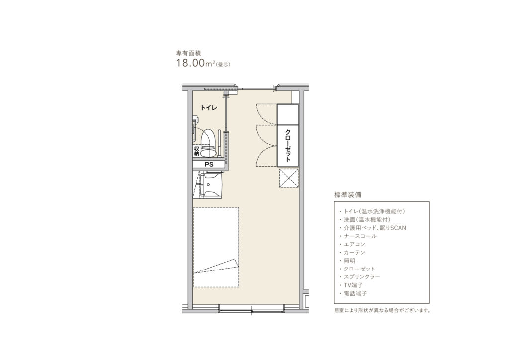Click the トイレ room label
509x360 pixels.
click(x=209, y=108)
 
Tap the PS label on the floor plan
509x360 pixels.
click(x=209, y=165)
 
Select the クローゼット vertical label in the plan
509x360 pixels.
click(x=288, y=145)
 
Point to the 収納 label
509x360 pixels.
click(x=197, y=151)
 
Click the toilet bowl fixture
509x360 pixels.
click(x=208, y=143)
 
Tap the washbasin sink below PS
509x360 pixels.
click(x=211, y=185)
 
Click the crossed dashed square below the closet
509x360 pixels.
click(x=289, y=178)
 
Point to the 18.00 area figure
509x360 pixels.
click(x=189, y=63)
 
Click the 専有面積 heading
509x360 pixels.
click(x=186, y=53)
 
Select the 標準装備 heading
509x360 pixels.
click(x=347, y=195)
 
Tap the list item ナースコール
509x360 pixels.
click(x=360, y=236)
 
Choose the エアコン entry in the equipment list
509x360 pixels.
click(x=354, y=244)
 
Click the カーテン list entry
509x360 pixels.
click(x=354, y=252)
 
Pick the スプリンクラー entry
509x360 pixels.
click(x=362, y=277)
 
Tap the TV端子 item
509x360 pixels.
click(x=353, y=285)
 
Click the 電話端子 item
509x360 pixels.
click(x=355, y=293)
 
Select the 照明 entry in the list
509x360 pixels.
click(x=349, y=261)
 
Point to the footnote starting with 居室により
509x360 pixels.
click(x=382, y=310)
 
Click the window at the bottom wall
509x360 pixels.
click(x=252, y=309)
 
